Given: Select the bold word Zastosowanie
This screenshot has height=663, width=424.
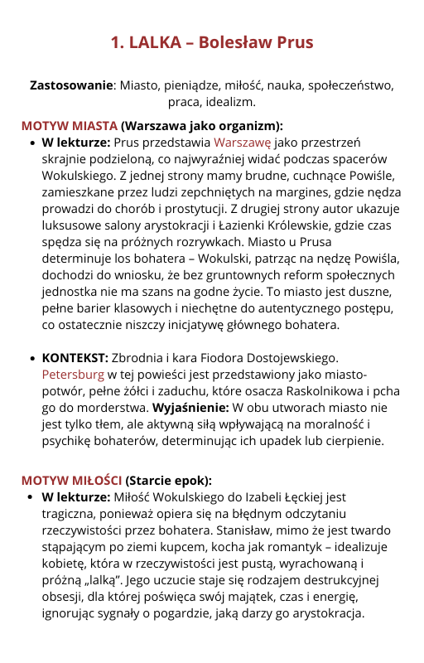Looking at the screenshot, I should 70,85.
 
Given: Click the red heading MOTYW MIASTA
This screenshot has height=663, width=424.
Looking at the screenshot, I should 70,126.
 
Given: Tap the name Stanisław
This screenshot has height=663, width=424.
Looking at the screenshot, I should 243,530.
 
